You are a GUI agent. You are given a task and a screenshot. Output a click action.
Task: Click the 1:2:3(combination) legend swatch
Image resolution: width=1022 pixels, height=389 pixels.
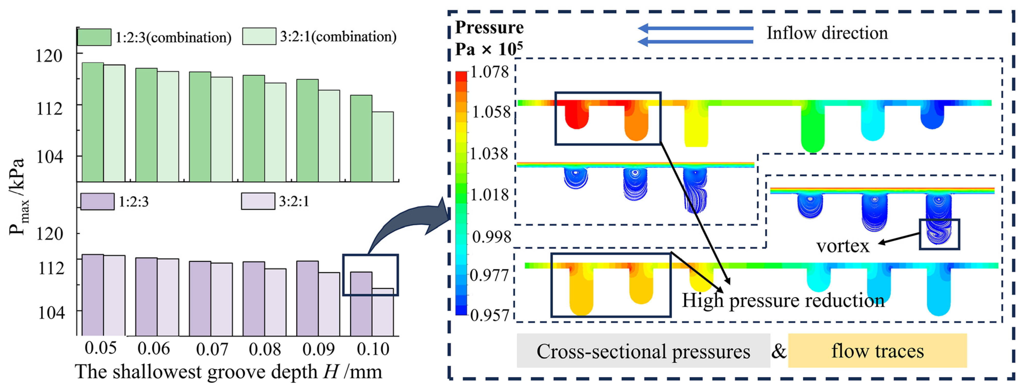click(x=94, y=37)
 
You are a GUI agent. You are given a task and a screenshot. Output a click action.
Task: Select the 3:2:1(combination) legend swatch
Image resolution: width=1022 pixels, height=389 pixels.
click(x=259, y=37)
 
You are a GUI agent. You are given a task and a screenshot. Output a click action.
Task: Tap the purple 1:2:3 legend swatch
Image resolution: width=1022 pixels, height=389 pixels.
click(x=97, y=201)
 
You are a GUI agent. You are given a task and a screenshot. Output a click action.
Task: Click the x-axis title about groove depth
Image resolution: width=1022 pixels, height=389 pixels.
click(x=228, y=372)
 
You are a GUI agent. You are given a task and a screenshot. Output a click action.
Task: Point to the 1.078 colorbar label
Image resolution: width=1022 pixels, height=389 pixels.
click(x=489, y=72)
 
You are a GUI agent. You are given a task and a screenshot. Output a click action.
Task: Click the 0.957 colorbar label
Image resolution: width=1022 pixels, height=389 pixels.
click(x=489, y=315)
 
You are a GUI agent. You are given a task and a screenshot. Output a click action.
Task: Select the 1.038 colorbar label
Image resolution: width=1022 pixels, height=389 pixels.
click(x=489, y=154)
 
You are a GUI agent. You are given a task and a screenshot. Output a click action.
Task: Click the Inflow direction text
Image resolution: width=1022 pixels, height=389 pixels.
click(x=827, y=33)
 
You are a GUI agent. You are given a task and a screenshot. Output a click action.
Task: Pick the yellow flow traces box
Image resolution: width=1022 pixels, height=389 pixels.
click(x=877, y=351)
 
